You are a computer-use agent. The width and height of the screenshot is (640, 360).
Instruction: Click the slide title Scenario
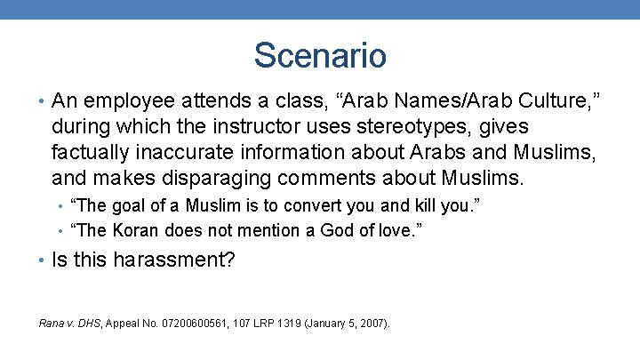pos(320,55)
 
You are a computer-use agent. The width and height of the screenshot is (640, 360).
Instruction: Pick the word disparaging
pos(235,178)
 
